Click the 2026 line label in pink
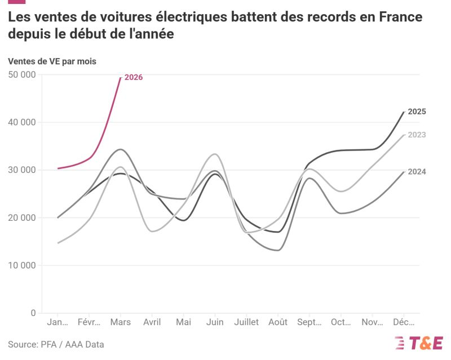(134, 77)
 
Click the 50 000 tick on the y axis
(23, 75)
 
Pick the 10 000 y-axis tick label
(23, 265)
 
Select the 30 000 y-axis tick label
(23, 170)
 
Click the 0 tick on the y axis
(33, 313)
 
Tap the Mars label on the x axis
(120, 322)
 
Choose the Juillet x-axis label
(246, 322)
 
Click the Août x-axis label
(277, 322)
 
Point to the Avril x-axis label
(152, 322)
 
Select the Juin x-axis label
(214, 322)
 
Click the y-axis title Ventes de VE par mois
(52, 61)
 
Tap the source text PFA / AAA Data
(56, 344)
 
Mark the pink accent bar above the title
(16, 2)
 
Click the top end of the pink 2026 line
(121, 78)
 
